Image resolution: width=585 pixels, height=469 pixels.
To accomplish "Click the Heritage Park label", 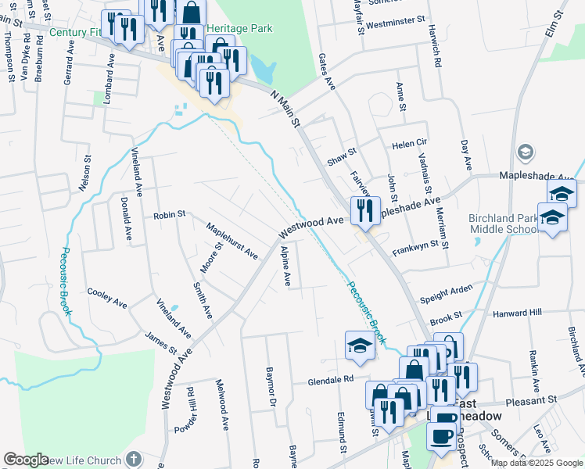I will coord(240,28).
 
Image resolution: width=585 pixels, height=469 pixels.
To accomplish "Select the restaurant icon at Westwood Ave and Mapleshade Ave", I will coord(365,210).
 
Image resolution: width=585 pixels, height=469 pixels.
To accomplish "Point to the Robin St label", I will coord(169,214).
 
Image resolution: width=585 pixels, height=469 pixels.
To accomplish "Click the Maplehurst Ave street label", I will coord(231,241).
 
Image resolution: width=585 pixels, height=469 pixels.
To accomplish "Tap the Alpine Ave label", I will coord(286,266).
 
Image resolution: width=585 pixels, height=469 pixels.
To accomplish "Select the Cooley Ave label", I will coord(107,297).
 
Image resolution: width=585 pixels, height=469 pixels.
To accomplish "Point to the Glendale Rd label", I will coord(332,379).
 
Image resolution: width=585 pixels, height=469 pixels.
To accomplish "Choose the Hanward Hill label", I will coord(517,313).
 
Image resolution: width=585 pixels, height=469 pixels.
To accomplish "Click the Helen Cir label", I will coord(410,145).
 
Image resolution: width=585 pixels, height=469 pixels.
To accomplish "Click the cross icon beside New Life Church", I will coord(134,459).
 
